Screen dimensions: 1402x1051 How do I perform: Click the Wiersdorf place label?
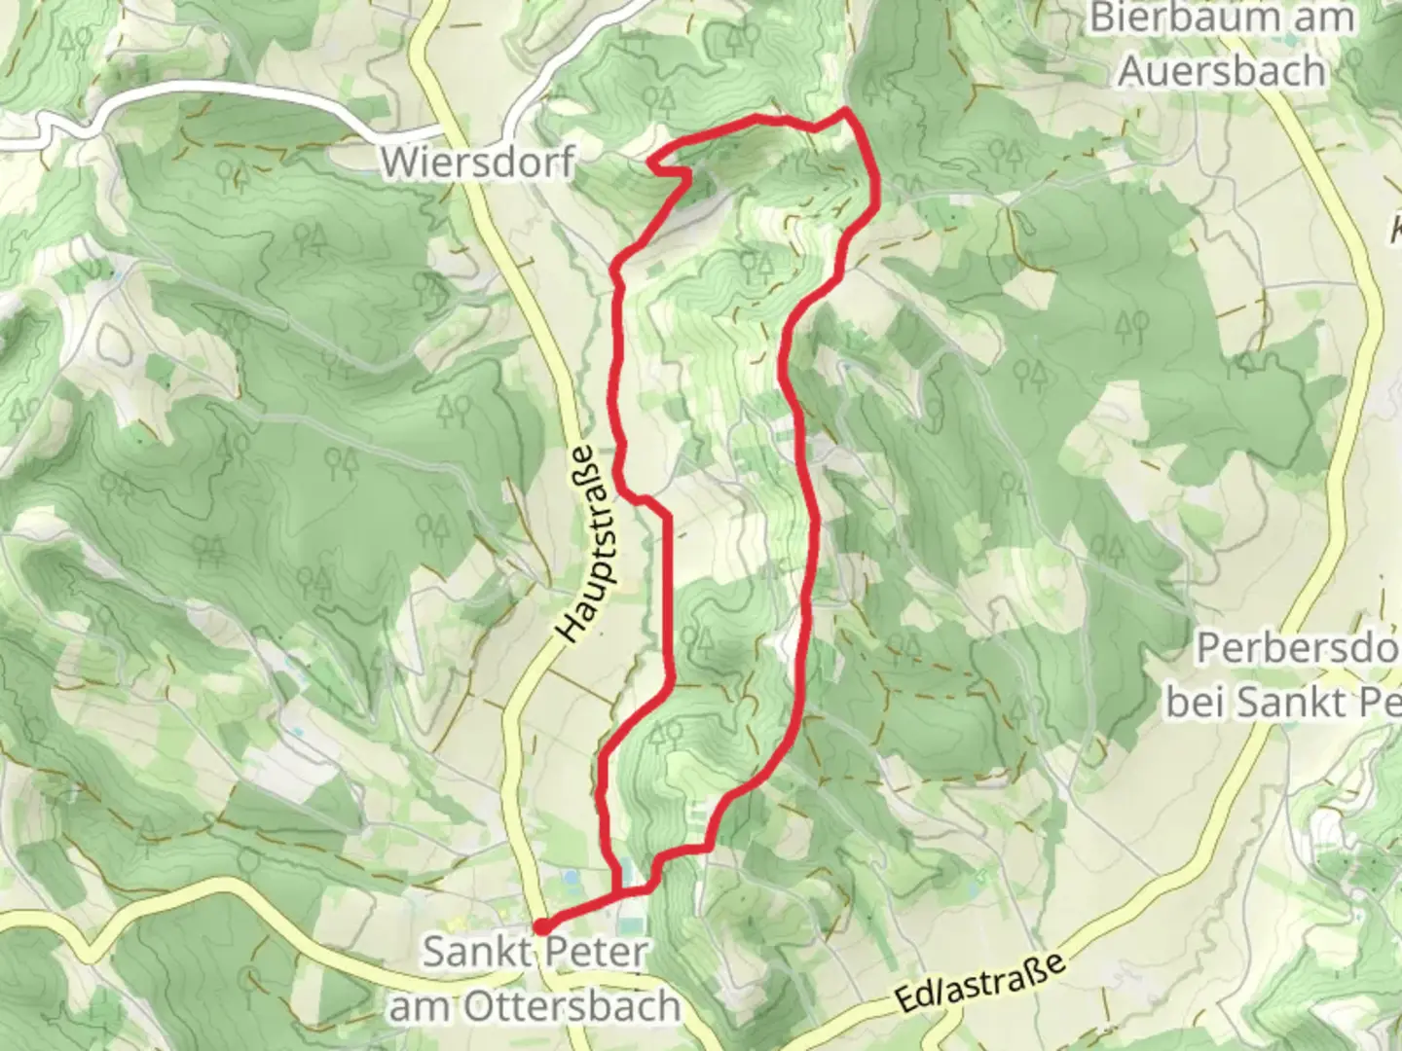477,162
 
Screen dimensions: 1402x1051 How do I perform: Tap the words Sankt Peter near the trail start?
535,952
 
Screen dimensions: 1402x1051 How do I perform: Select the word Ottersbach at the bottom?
572,1006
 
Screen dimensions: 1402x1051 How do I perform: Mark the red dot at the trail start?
540,926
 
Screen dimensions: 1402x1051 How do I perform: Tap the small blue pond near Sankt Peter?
570,879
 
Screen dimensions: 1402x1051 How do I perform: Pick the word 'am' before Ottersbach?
421,1006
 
